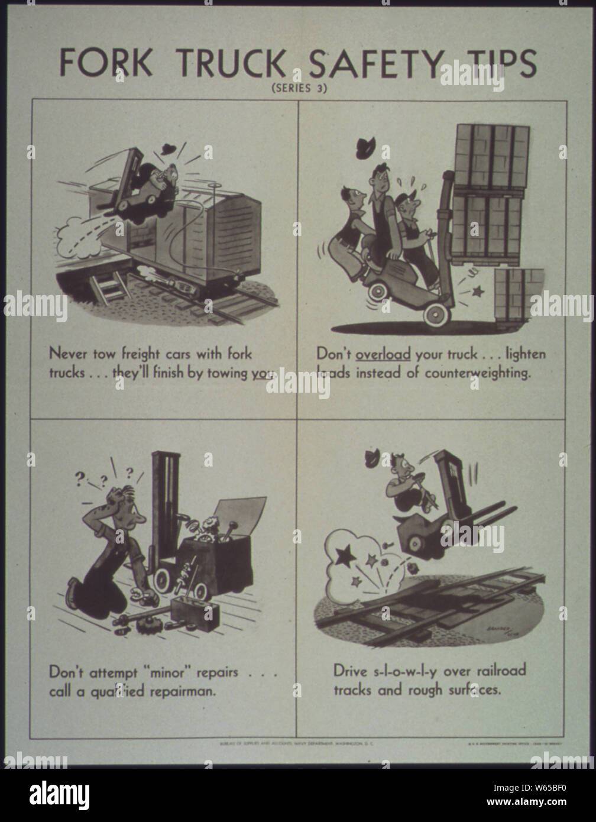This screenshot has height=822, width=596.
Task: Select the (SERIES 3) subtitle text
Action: tap(299, 89)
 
